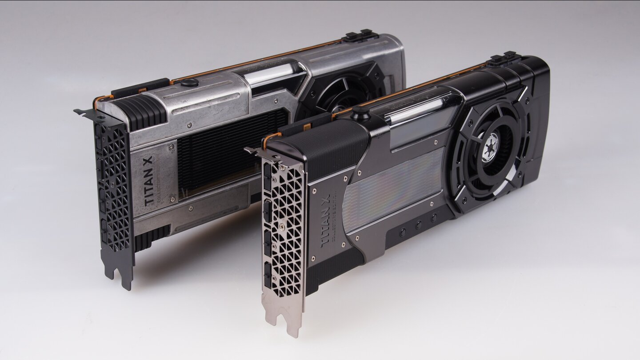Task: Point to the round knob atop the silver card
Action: click(189, 82)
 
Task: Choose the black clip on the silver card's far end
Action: click(360, 35)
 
